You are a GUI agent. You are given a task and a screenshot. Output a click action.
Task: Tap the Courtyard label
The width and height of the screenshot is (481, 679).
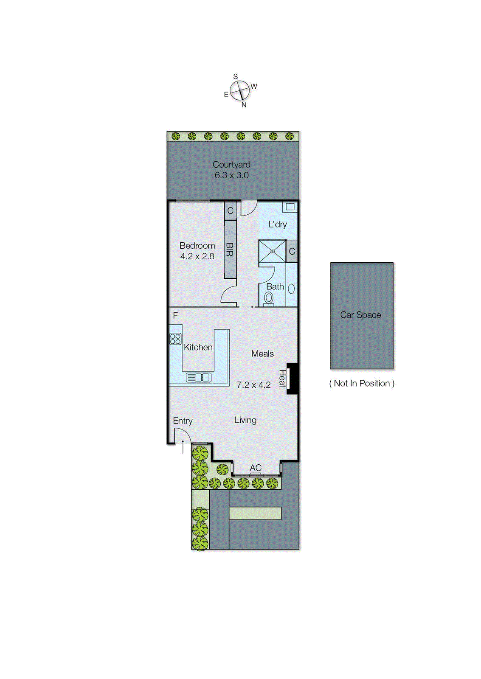point(231,164)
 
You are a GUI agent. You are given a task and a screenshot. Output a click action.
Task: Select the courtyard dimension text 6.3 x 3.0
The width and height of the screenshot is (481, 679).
point(231,175)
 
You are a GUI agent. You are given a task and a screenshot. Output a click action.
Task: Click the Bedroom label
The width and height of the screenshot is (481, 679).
point(197,246)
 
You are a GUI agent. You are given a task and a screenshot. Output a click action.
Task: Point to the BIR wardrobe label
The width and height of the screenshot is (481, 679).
point(230,249)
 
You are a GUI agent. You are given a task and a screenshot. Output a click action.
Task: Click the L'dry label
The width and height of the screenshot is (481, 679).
point(278,224)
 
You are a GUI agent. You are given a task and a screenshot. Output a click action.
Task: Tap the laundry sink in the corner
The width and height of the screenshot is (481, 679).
point(290,207)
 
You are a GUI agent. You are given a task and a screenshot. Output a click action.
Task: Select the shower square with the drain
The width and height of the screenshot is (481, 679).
point(272,251)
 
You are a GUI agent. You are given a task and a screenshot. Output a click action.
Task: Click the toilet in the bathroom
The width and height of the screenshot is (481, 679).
point(268,299)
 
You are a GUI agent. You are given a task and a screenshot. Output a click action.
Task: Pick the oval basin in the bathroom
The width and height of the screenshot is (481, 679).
point(291,289)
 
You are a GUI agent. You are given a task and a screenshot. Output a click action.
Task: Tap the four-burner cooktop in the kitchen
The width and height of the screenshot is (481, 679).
point(175,339)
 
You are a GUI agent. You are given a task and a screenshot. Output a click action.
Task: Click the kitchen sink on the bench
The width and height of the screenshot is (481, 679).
point(198,377)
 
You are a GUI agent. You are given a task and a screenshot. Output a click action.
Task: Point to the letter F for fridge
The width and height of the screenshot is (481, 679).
point(175,315)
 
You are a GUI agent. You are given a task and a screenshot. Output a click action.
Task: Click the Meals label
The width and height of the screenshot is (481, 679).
point(262,354)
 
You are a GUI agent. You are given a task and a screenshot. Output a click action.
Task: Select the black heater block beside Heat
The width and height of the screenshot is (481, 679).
point(293,379)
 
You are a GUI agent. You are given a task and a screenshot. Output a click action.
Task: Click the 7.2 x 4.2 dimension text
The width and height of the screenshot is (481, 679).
point(253,385)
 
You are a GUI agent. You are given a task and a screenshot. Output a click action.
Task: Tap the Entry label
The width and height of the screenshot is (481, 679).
point(183,421)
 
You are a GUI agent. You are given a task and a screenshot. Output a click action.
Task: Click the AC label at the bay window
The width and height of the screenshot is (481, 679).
point(256,467)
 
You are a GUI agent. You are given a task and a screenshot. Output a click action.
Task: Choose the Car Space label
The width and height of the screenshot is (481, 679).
point(360,315)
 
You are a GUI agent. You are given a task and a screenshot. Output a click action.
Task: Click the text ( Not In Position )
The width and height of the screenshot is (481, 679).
point(362,383)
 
